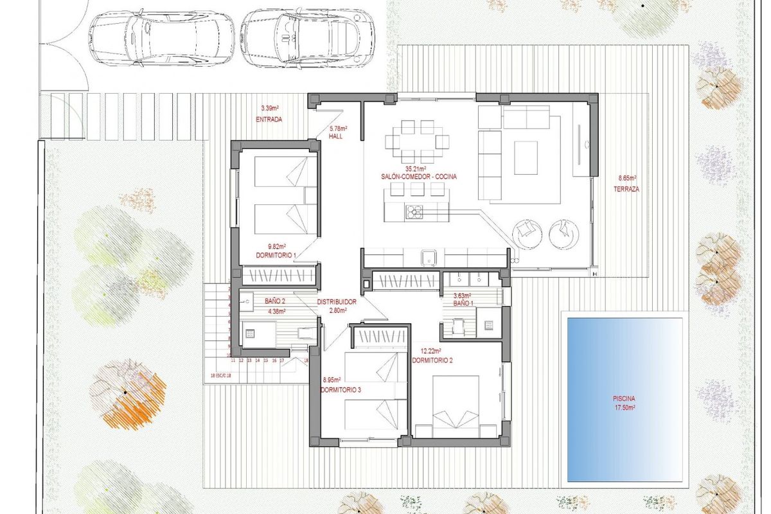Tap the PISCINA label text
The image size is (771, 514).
click(x=624, y=398)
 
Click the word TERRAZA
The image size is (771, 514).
click(x=626, y=189)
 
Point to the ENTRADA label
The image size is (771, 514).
click(x=269, y=120)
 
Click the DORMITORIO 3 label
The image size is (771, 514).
click(x=342, y=389)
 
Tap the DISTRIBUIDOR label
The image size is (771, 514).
click(x=337, y=301)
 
